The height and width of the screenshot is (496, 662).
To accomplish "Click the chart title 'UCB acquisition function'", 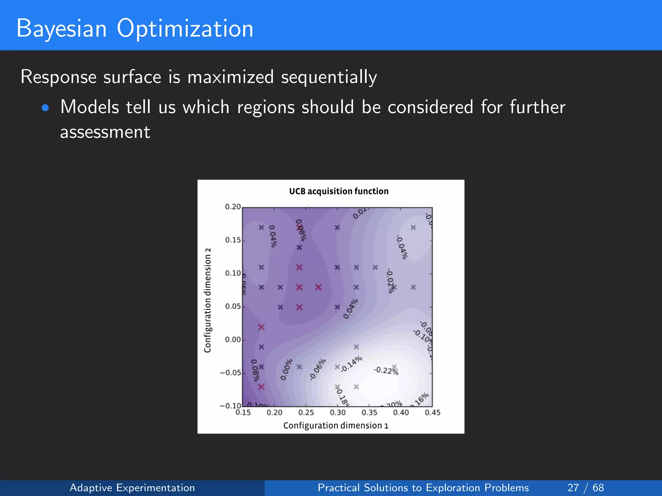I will [x=338, y=191].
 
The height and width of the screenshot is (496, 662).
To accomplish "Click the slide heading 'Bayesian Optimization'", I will [x=135, y=28].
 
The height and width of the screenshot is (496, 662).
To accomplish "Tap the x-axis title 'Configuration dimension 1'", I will [x=336, y=426].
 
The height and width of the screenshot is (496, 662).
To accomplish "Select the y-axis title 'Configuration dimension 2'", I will [x=208, y=300].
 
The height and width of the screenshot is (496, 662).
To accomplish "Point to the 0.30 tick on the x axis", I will [x=337, y=412].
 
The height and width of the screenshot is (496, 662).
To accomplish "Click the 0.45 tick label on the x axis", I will [x=432, y=412].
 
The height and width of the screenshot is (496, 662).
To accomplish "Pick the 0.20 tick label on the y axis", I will [x=233, y=207].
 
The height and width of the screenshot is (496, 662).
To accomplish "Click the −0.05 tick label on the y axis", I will [x=230, y=373].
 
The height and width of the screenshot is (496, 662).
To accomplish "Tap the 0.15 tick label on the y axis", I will [x=233, y=240].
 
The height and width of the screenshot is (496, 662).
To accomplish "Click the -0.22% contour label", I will [x=386, y=370].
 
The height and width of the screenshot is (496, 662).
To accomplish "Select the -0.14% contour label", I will [x=351, y=364].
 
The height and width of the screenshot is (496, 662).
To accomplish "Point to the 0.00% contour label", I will [x=286, y=369].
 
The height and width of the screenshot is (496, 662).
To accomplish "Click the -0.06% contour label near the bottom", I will [x=318, y=369].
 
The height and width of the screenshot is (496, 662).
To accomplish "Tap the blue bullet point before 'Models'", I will [x=45, y=108].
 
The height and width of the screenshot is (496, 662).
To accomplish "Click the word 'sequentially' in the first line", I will [x=329, y=77].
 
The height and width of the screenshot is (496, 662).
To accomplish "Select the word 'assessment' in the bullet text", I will [x=105, y=132].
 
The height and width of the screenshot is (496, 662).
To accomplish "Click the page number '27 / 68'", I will [x=585, y=488].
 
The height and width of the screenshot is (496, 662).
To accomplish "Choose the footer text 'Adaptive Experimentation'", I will [x=132, y=488].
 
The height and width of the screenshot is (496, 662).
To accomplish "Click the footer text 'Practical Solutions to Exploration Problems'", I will [x=423, y=488].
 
